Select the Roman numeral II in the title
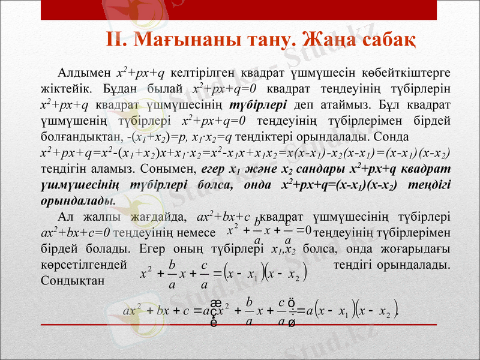tap(115, 40)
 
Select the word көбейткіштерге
tap(407, 73)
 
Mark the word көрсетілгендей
tap(83, 263)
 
